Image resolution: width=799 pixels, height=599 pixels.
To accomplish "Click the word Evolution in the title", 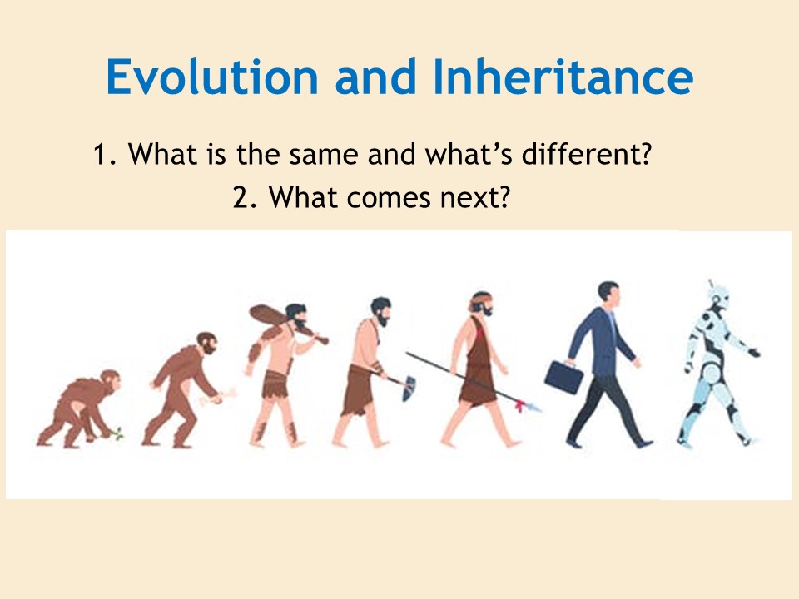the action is pos(212,77).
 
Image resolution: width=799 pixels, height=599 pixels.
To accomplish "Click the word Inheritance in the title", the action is pos(563,77).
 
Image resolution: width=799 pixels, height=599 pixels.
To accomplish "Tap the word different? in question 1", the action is pos(587,154).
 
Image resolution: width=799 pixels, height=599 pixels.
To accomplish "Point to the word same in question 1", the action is pos(324,155).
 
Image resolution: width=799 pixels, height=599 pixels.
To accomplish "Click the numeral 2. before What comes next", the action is pos(245,198).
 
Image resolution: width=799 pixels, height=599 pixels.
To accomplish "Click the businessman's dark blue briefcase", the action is pos(563,376).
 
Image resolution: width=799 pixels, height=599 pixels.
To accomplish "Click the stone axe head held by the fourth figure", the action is pos(409,389).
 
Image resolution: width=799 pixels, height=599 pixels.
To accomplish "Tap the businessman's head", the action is pos(609,294).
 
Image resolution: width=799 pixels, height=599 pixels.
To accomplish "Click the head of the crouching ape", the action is pos(110,380).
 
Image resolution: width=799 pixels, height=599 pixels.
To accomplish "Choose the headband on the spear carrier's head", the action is pos(479,299).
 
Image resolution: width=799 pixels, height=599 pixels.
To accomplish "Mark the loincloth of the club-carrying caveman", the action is pos(276,384).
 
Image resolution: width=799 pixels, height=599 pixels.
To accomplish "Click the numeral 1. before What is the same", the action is pos(105,155).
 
